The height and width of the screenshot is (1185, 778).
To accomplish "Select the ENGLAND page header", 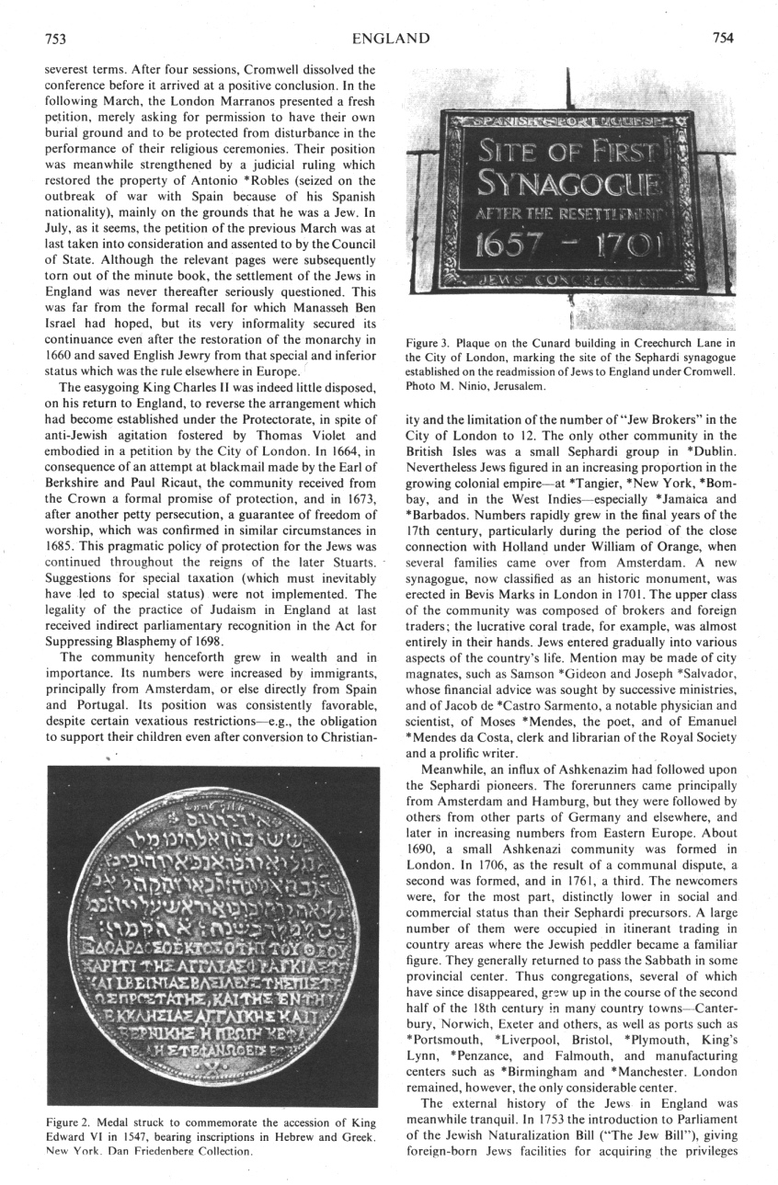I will pos(390,38).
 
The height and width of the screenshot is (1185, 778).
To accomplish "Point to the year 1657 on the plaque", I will pos(498,248).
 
